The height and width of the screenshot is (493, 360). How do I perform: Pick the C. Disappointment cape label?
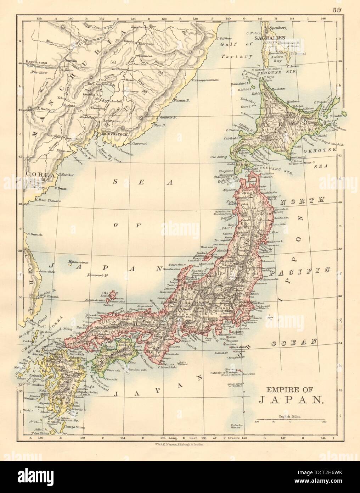click(207, 80)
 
